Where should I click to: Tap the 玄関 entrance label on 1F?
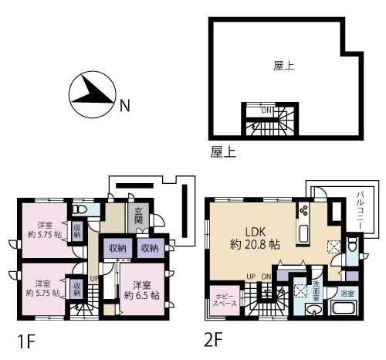[x=138, y=218]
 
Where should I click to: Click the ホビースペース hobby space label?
[x=225, y=301]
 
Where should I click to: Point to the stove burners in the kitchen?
[x=303, y=210]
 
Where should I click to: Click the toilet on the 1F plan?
[x=80, y=209]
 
